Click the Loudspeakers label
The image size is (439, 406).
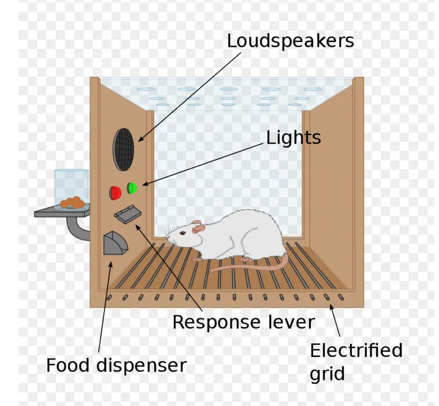(x=290, y=41)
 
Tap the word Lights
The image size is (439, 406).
(x=293, y=138)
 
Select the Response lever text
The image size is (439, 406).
(x=243, y=322)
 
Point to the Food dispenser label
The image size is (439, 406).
(x=116, y=365)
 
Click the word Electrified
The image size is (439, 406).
(x=356, y=350)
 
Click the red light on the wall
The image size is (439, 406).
(x=114, y=193)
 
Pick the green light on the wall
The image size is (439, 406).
(x=132, y=188)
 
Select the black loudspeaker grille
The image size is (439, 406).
(x=123, y=148)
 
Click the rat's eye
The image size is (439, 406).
(x=183, y=232)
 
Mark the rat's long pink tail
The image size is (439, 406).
(x=249, y=266)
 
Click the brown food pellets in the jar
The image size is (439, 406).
(x=73, y=202)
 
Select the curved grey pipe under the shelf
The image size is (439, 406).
(x=77, y=229)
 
